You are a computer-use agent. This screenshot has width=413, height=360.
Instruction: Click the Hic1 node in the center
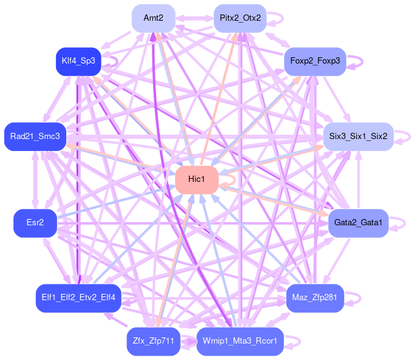(x=197, y=180)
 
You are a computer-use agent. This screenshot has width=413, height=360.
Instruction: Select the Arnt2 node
(x=154, y=18)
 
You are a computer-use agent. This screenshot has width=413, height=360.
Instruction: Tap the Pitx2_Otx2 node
(x=240, y=18)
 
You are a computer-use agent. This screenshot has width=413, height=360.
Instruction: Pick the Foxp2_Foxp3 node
(x=315, y=61)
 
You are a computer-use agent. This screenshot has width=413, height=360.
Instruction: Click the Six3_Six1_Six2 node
(x=358, y=136)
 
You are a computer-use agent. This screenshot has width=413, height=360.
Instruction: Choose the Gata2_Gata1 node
(x=358, y=223)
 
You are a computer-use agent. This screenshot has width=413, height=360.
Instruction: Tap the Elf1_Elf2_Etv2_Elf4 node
(x=78, y=298)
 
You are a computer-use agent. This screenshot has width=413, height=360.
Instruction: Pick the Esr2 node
(x=35, y=223)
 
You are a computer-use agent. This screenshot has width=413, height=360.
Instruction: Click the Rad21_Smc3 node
(x=35, y=136)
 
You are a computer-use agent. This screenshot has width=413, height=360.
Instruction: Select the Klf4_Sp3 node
(x=78, y=61)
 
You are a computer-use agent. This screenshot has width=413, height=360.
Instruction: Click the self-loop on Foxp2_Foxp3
(x=361, y=61)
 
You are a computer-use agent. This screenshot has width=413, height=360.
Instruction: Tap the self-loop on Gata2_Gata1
(x=402, y=223)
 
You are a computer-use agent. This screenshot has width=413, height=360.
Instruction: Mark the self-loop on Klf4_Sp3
(x=116, y=61)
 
